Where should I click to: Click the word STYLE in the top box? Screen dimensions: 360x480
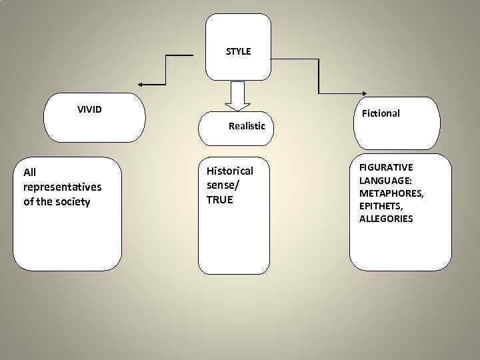pos(238,51)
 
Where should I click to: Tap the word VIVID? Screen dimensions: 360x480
pos(89,109)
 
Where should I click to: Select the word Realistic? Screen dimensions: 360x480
pos(247,125)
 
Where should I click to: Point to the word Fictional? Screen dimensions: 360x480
pos(381,113)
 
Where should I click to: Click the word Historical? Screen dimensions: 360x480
pos(230,171)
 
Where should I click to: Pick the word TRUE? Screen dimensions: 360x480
pos(219,199)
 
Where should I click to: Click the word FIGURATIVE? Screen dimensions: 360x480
pos(386,167)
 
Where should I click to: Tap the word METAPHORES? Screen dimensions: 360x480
pos(391,193)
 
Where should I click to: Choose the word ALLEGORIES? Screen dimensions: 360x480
pos(386,219)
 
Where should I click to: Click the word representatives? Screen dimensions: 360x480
pos(62,187)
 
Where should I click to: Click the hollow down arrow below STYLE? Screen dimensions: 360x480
pos(237,95)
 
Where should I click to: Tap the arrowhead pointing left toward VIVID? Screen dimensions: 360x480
pos(143,85)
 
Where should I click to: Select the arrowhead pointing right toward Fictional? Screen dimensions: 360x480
pos(365,93)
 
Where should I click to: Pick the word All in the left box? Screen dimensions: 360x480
pos(30,173)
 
